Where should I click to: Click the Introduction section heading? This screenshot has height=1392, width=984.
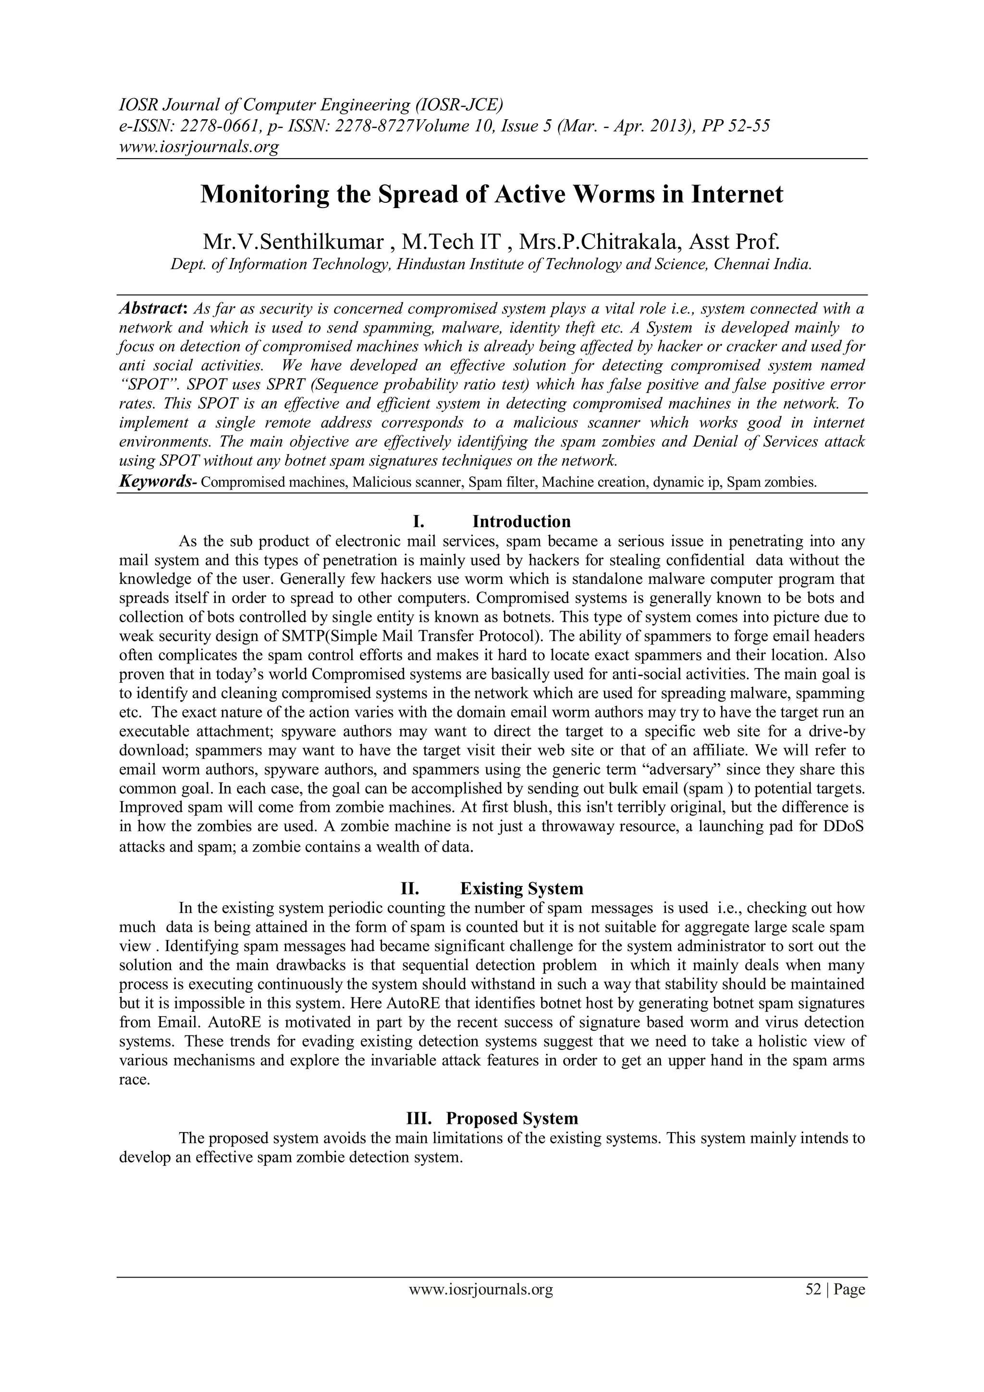(521, 521)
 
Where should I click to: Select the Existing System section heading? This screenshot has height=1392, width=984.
(521, 889)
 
